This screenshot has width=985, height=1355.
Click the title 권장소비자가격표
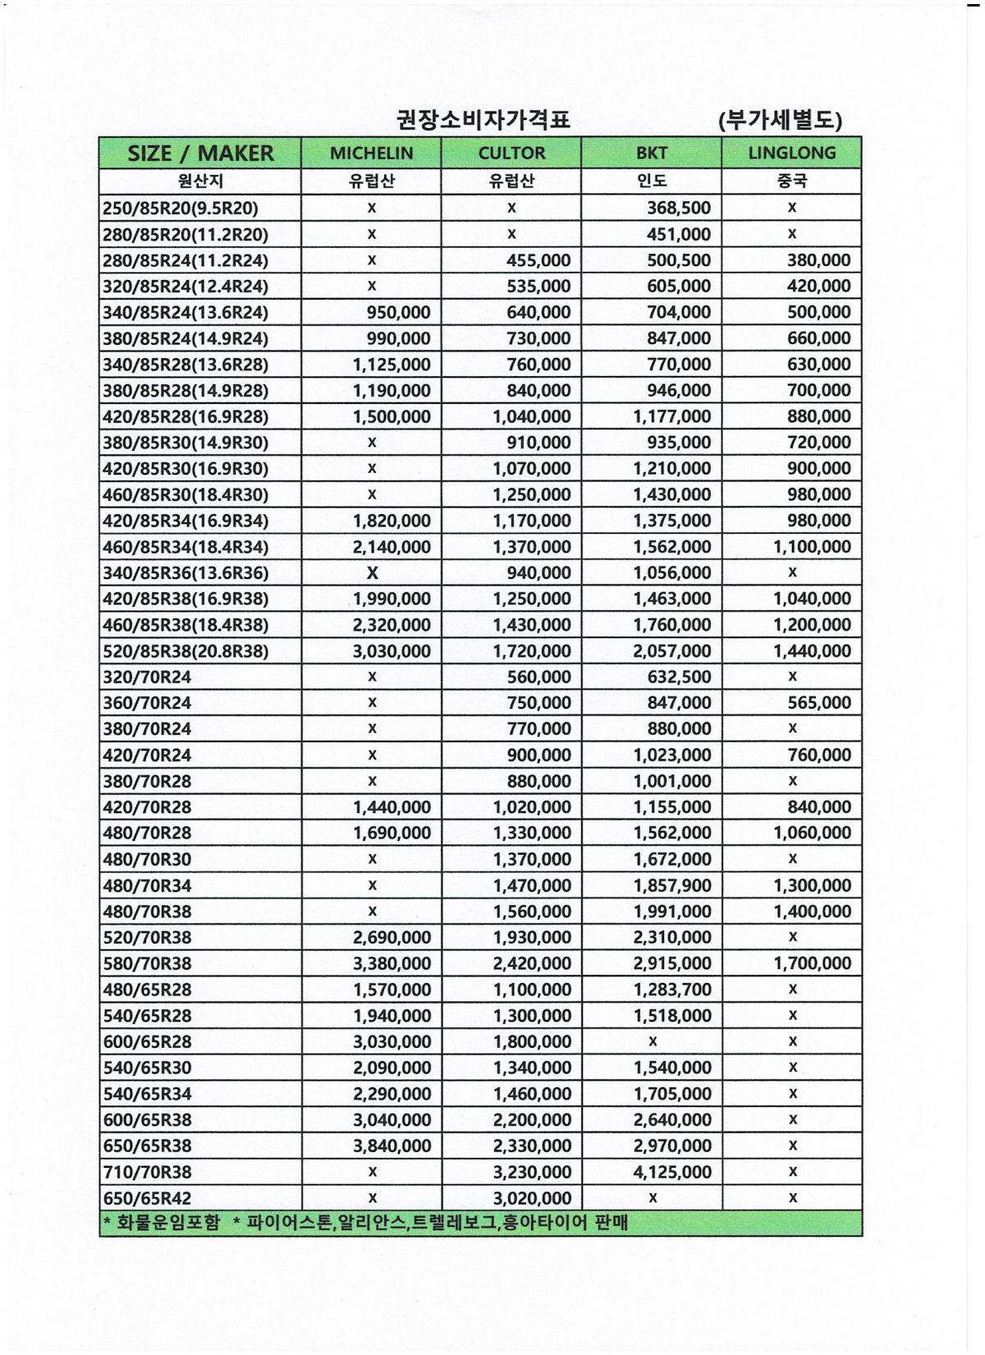[483, 122]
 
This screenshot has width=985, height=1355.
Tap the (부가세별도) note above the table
[780, 122]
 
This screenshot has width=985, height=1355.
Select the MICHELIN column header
[371, 154]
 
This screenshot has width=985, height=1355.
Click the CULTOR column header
[511, 154]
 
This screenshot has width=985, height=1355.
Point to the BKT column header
[652, 154]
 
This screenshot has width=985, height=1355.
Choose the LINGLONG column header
[791, 154]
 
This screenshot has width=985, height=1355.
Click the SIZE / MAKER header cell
[200, 154]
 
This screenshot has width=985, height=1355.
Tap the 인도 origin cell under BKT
[652, 181]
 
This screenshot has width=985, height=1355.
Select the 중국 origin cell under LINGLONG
[791, 181]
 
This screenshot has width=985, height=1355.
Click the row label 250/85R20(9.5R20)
[181, 209]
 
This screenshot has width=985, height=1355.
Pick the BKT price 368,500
[678, 209]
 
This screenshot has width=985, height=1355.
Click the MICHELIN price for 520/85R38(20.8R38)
[392, 651]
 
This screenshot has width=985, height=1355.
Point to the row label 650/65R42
[147, 1198]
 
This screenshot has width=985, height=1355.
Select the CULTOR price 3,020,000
[532, 1198]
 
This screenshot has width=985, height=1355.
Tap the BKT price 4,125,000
[672, 1172]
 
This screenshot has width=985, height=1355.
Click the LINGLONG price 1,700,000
[812, 963]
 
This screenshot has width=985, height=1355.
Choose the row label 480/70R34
[147, 885]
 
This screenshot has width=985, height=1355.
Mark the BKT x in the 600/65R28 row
[653, 1041]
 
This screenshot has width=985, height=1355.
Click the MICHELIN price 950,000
[398, 313]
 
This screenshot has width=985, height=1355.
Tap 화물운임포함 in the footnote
[169, 1224]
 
